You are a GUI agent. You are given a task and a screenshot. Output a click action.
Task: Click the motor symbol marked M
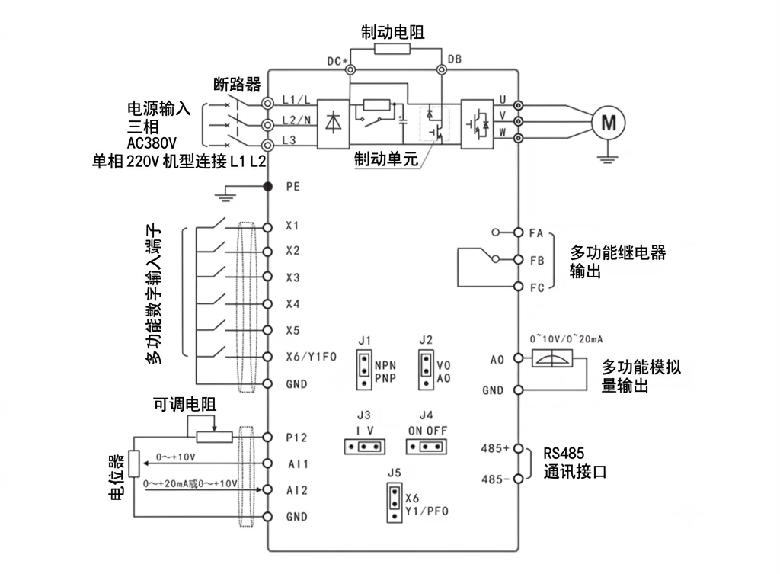tap(609, 123)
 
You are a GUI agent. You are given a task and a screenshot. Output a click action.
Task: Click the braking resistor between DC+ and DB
tap(392, 49)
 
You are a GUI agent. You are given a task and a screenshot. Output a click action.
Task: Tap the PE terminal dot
tap(268, 186)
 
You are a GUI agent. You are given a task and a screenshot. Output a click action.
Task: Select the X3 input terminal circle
tap(267, 277)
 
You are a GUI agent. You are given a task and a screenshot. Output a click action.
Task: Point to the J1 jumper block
tap(364, 370)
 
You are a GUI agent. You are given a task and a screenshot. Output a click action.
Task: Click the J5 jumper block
tap(395, 502)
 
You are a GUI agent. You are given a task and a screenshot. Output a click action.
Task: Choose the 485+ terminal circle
tap(518, 448)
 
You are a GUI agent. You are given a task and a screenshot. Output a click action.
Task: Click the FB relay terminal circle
tap(518, 259)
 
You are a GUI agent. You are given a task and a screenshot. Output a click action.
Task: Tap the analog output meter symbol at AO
tap(552, 358)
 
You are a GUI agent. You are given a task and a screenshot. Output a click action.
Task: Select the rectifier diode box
tap(333, 123)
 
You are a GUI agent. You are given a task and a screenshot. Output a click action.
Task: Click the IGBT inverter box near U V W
tap(477, 123)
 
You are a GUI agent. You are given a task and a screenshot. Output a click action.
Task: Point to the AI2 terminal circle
tap(267, 490)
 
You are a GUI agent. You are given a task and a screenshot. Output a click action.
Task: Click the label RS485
tap(564, 454)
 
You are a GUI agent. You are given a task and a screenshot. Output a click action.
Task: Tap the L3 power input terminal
tap(268, 145)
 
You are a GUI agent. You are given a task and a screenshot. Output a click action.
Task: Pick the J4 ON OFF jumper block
tap(427, 447)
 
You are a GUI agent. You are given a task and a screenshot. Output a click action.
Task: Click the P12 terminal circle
tap(267, 437)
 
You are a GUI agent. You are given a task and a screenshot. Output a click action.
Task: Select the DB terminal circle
tap(441, 69)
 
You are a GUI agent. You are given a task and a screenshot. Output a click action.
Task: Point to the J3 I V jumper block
tap(365, 447)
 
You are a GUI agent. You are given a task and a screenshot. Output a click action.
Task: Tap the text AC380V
tap(152, 143)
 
